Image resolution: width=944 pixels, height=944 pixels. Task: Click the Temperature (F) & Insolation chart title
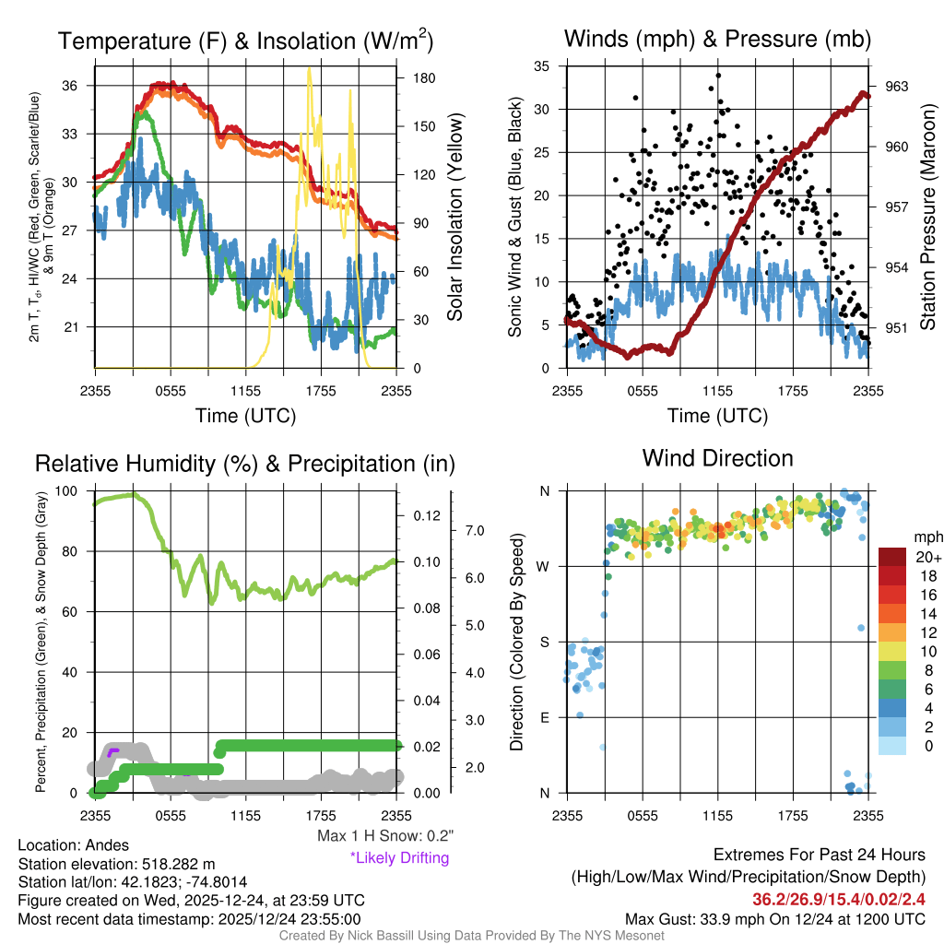[245, 41]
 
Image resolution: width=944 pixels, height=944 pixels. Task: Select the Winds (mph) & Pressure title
[717, 40]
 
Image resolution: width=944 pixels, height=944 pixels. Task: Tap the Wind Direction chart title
[717, 458]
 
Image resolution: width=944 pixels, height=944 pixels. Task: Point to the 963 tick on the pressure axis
[896, 87]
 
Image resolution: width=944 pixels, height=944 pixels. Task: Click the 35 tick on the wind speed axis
[542, 66]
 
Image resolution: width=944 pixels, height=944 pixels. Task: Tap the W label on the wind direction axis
[545, 566]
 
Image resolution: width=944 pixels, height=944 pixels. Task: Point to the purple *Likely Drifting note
[399, 857]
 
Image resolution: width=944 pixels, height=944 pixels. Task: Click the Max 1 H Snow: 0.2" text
[385, 836]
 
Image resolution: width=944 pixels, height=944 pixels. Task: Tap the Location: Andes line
[74, 844]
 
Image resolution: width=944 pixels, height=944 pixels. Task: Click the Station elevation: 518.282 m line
[117, 864]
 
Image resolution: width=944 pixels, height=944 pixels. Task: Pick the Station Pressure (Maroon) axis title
[927, 218]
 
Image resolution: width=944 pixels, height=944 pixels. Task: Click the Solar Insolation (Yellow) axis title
[454, 218]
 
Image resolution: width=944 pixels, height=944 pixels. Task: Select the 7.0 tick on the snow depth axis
[474, 530]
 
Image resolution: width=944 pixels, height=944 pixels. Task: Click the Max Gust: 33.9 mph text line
[775, 919]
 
